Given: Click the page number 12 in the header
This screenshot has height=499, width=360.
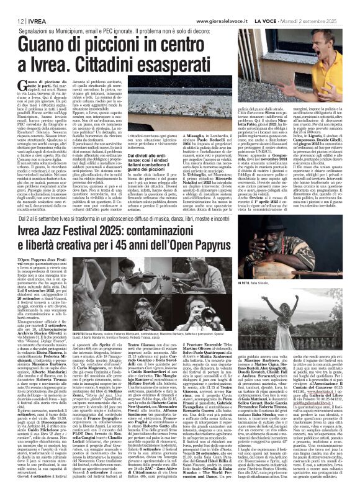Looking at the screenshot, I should (12, 6).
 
